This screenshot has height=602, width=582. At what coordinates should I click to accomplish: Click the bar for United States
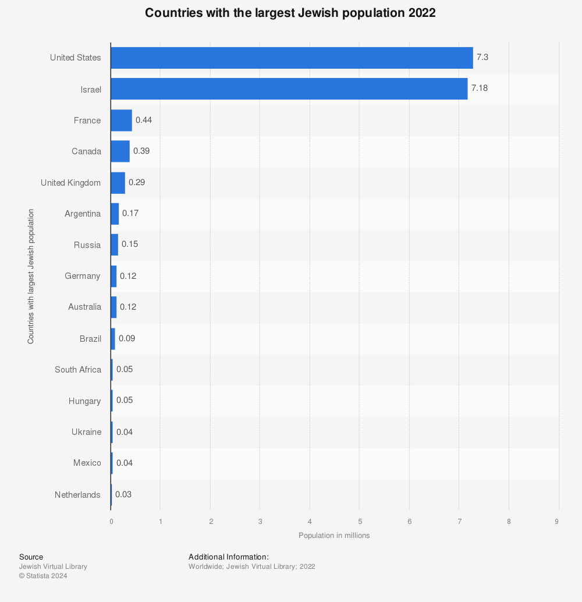pyautogui.click(x=291, y=58)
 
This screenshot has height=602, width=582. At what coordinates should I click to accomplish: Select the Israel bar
pyautogui.click(x=289, y=89)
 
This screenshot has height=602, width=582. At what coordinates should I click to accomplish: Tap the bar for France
pyautogui.click(x=121, y=120)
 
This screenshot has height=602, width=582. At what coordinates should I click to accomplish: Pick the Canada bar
pyautogui.click(x=120, y=151)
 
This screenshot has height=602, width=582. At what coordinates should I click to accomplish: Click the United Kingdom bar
pyautogui.click(x=118, y=182)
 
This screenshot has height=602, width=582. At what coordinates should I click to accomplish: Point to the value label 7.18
pyautogui.click(x=480, y=88)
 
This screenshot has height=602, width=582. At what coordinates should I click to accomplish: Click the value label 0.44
pyautogui.click(x=144, y=120)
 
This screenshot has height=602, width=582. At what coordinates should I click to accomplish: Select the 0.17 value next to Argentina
pyautogui.click(x=130, y=213)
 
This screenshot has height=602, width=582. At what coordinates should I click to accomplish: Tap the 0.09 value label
pyautogui.click(x=127, y=338)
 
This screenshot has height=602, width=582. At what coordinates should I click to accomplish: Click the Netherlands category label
pyautogui.click(x=77, y=495)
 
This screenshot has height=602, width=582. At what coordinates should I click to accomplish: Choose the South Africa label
pyautogui.click(x=77, y=370)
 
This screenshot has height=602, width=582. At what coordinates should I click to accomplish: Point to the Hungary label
pyautogui.click(x=84, y=401)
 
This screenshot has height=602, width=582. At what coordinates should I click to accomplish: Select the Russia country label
pyautogui.click(x=87, y=245)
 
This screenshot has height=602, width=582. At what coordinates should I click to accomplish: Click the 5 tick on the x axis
pyautogui.click(x=360, y=521)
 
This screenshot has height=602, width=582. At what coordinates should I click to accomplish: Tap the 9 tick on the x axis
pyautogui.click(x=557, y=521)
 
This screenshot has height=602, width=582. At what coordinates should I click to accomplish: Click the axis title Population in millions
pyautogui.click(x=334, y=535)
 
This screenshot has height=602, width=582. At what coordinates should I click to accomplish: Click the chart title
pyautogui.click(x=290, y=13)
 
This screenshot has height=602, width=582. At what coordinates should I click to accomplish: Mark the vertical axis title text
pyautogui.click(x=30, y=276)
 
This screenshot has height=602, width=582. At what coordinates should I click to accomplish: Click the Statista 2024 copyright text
pyautogui.click(x=43, y=576)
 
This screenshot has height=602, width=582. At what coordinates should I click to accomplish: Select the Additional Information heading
pyautogui.click(x=229, y=557)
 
